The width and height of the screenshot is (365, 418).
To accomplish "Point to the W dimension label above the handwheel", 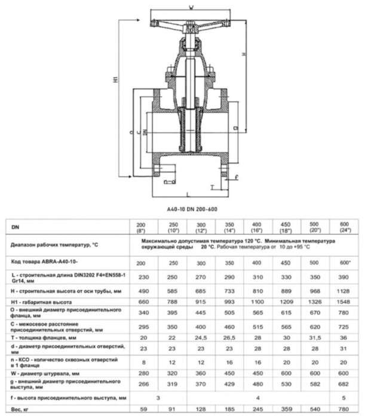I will coord(189,7).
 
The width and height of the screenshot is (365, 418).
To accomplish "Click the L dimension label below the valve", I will coord(188,195).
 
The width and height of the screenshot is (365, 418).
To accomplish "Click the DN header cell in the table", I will coord(15,227).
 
